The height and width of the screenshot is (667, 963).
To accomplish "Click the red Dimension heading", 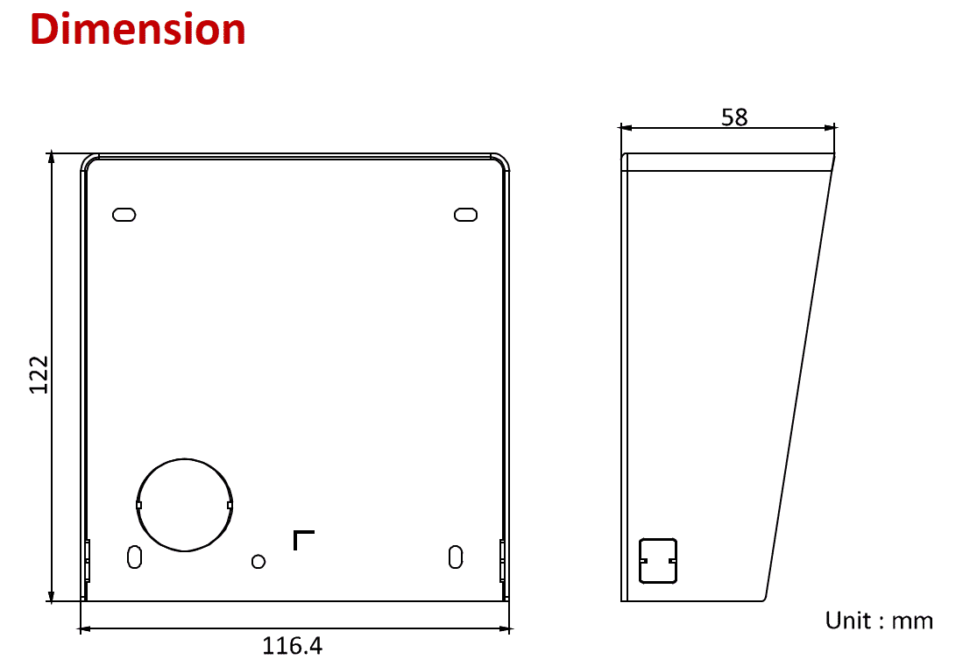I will coord(138,30).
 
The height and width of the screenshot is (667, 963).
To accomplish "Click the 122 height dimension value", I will coord(39,375).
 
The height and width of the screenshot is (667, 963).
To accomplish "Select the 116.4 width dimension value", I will coord(293,647).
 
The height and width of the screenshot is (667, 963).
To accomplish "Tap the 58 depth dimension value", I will coord(734,117).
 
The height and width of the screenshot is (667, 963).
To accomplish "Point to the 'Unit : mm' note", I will coord(879,621).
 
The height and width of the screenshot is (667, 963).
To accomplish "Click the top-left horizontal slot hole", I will coord(124,215).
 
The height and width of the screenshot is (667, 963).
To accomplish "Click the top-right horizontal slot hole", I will coord(465,215).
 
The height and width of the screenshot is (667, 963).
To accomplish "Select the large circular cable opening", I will coord(185,505).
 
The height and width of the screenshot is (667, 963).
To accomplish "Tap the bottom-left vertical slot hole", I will coord(134,557).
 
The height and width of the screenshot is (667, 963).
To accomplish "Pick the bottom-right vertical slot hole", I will coord(455,557).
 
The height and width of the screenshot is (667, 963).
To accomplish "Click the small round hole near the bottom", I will coord(258,561).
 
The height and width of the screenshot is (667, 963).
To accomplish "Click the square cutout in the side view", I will coord(658,560).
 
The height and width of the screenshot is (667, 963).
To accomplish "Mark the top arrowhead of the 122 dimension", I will coord(52,159).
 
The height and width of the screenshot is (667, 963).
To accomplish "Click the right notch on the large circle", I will coord(230,505).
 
